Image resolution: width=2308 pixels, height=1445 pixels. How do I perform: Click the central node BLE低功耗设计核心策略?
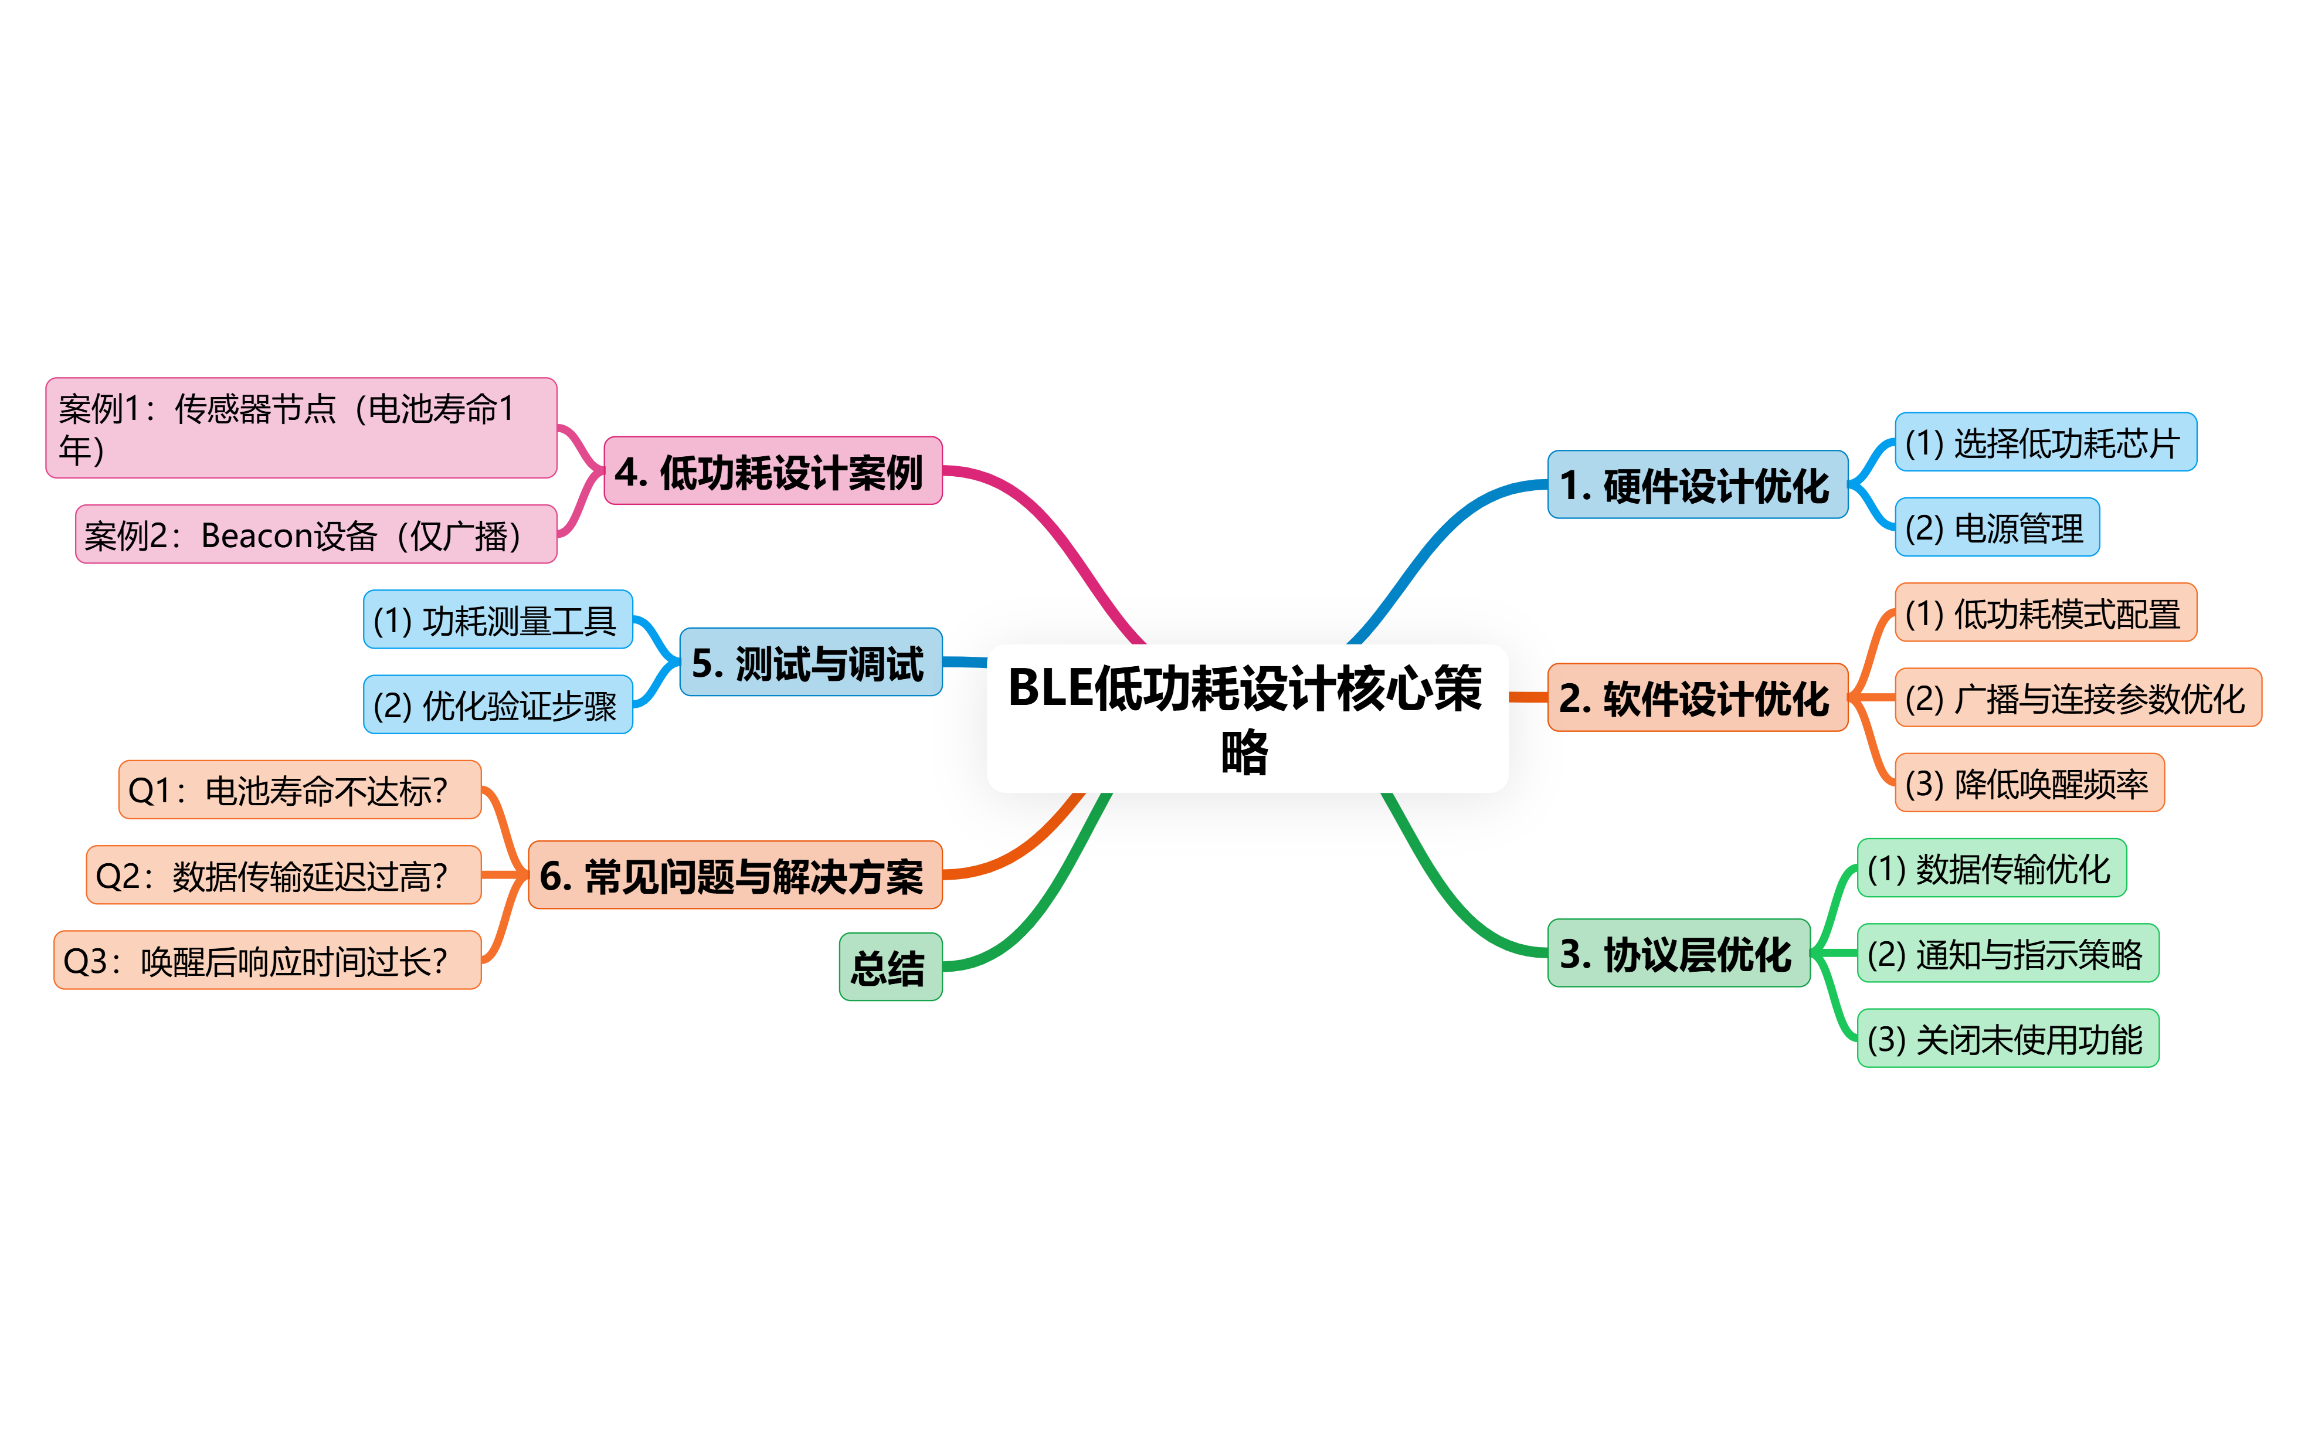[x=1247, y=718]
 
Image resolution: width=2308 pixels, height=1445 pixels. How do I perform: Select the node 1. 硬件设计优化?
[x=1696, y=484]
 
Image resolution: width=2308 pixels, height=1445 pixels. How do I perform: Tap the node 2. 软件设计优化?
[x=1696, y=698]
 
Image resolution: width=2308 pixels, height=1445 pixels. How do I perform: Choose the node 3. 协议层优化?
[x=1678, y=953]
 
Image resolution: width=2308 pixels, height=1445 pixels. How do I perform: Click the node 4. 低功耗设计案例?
[x=772, y=471]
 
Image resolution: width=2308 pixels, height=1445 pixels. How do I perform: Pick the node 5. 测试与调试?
[x=810, y=662]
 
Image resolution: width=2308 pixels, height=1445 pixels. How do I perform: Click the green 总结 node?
[x=890, y=966]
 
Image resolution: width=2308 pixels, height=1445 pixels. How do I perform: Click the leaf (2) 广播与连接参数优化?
[x=2077, y=698]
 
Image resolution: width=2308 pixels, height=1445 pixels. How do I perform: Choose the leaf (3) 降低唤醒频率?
[x=2028, y=783]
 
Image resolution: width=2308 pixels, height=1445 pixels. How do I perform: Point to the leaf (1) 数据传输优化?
[x=1991, y=868]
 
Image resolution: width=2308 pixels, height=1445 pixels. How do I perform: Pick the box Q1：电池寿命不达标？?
[x=299, y=789]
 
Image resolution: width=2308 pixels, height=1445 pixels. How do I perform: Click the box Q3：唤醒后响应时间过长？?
[x=267, y=959]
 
